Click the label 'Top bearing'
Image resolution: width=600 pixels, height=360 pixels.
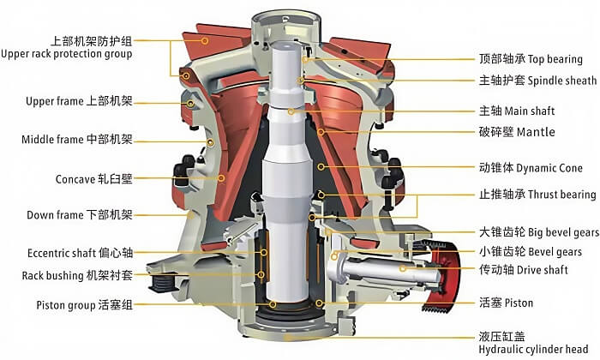555,59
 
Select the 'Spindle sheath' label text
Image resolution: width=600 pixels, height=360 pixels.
562,81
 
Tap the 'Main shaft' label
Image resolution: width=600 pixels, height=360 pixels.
530,111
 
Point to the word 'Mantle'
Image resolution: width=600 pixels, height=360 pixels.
536,132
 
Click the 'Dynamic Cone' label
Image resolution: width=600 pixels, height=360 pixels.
549,168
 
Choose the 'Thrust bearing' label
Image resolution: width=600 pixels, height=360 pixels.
562,195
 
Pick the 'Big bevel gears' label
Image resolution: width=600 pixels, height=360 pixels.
563,232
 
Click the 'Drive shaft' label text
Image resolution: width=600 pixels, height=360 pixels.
543,270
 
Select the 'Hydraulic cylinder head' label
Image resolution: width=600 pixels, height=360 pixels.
533,350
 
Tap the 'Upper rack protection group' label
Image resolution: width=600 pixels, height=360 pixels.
67,54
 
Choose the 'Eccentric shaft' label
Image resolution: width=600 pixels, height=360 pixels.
61,253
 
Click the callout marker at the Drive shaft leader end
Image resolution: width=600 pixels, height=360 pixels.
402,268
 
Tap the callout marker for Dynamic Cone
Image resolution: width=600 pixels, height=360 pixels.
321,167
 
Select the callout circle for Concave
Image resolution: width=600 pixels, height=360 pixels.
221,178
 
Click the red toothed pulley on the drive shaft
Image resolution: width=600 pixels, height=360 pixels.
444,274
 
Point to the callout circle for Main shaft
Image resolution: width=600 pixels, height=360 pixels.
291,111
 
